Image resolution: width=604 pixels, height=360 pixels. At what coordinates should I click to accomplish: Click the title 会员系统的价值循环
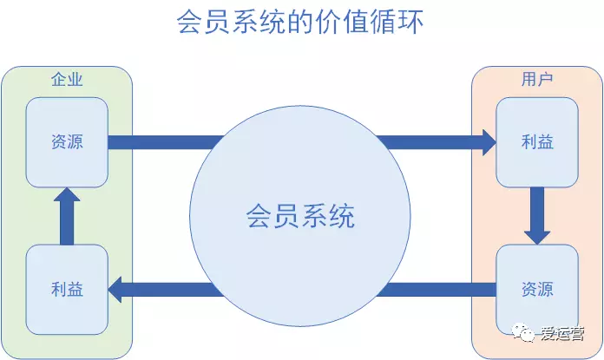click(300, 22)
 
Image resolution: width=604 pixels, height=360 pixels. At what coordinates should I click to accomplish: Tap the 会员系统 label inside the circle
click(300, 216)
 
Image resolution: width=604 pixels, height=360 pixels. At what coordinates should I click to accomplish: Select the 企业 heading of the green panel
click(67, 79)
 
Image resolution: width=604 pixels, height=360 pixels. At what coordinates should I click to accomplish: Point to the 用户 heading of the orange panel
click(537, 79)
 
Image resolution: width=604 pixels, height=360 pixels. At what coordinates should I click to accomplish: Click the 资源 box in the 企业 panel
click(67, 142)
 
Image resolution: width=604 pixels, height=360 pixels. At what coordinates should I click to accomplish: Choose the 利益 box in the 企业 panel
click(67, 289)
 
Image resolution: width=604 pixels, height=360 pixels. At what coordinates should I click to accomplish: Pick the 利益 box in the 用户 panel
click(537, 142)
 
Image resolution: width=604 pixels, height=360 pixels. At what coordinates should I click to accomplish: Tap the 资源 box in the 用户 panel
click(537, 289)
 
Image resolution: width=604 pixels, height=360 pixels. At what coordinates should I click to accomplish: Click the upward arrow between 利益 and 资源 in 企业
click(67, 216)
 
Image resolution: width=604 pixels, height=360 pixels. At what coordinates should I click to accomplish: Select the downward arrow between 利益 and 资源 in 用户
click(537, 216)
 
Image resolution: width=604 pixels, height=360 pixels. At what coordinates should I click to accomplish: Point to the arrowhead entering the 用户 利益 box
click(489, 142)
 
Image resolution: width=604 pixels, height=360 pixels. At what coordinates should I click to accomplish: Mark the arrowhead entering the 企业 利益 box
click(115, 290)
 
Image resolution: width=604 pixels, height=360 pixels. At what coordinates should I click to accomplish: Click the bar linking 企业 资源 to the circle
click(166, 142)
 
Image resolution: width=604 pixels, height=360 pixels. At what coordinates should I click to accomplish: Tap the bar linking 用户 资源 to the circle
click(437, 290)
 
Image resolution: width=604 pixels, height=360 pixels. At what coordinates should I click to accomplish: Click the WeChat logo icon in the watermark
click(522, 332)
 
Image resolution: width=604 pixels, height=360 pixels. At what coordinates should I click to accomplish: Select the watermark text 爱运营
click(562, 333)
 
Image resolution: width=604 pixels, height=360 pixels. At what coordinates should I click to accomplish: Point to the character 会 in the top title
click(190, 22)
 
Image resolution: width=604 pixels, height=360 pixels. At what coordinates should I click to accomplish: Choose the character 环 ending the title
click(410, 22)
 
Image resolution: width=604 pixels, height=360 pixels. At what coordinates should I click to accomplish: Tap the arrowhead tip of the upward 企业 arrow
click(67, 188)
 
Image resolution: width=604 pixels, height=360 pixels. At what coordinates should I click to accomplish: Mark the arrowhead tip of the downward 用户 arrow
click(537, 245)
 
